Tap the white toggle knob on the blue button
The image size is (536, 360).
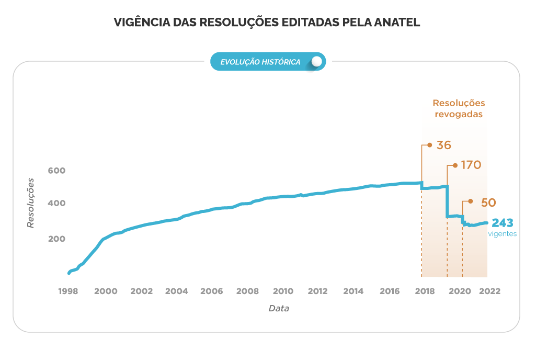[316, 62]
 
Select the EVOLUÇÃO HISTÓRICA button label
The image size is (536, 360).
[260, 62]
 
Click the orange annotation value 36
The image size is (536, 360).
[443, 145]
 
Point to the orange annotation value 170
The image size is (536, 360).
[471, 165]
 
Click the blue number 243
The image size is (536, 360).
[502, 223]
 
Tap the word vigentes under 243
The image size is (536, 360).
[502, 234]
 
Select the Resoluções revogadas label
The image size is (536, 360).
[459, 108]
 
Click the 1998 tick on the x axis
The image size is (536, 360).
[69, 291]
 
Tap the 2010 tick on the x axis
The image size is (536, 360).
[282, 291]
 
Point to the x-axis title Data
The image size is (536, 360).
[279, 308]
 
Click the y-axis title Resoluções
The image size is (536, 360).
[31, 203]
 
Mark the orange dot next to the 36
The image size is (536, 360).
[430, 145]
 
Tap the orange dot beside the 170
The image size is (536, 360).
[455, 165]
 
